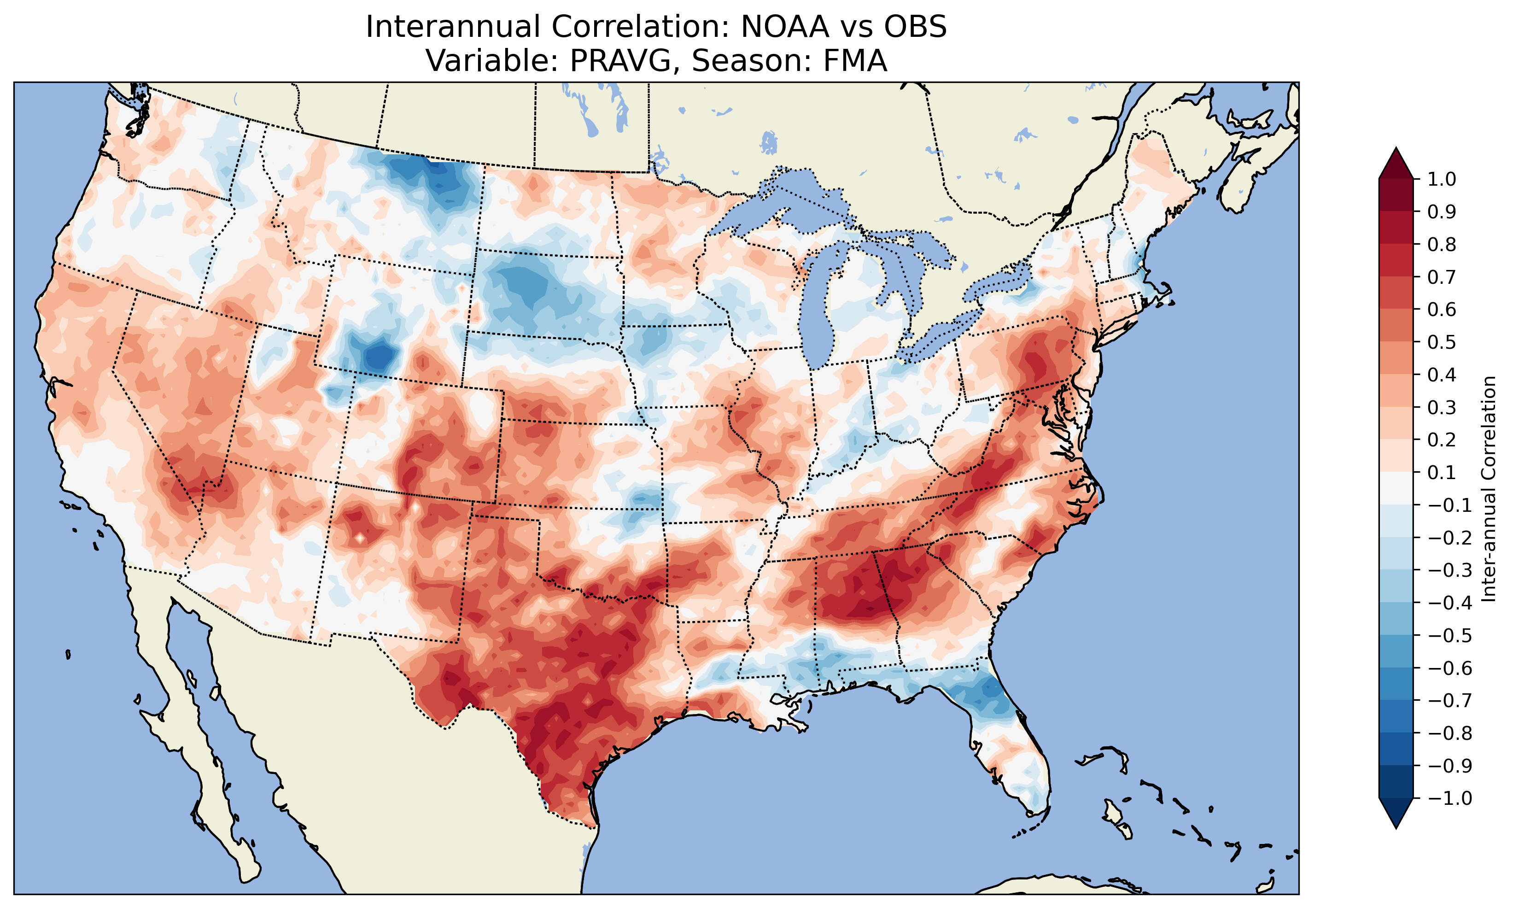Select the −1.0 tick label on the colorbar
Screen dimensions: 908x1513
(x=1450, y=798)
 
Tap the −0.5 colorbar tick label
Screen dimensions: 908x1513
(x=1450, y=635)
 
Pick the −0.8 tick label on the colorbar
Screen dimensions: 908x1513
(x=1450, y=732)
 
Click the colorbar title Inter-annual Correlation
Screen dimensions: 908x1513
(x=1489, y=488)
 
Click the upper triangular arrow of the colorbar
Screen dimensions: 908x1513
(x=1396, y=163)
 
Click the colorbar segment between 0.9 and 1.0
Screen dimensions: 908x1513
(x=1396, y=195)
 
